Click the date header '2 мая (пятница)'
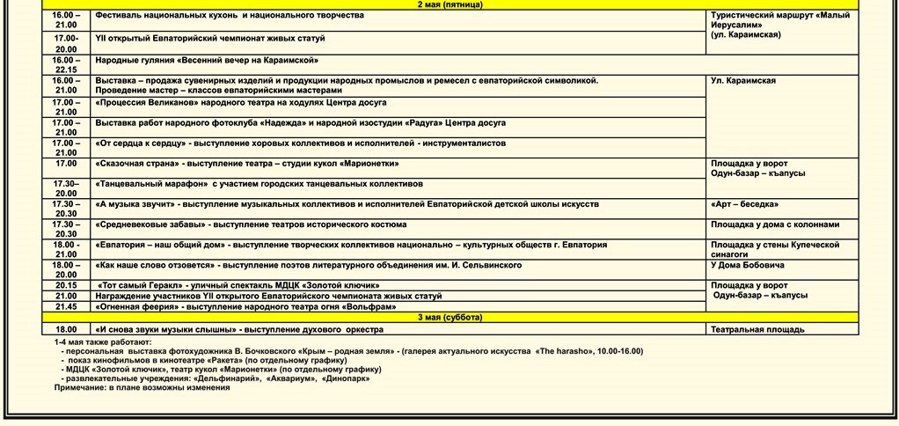coord(449,5)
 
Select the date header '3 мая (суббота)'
coord(449,317)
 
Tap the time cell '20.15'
coord(66,285)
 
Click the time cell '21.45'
coord(66,306)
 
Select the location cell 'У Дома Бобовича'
coord(748,265)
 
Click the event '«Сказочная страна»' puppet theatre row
coord(247,164)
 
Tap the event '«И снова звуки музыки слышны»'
coord(238,329)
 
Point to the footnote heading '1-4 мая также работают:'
coord(102,342)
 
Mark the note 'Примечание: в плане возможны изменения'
coord(142,387)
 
